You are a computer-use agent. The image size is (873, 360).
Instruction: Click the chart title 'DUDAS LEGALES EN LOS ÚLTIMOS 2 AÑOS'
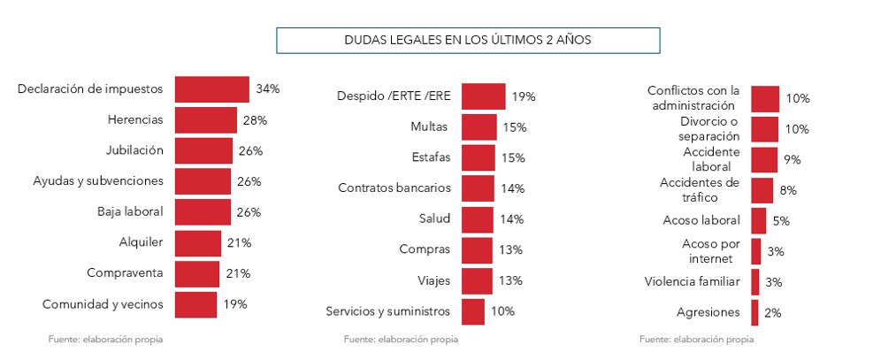click(467, 41)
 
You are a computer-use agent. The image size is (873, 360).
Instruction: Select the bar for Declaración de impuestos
click(211, 89)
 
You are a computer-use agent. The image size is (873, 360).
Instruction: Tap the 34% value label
click(268, 89)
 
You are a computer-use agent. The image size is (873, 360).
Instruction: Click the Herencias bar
click(205, 120)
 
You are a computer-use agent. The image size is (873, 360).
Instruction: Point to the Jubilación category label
click(134, 150)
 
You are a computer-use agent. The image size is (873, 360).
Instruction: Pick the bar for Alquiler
click(197, 242)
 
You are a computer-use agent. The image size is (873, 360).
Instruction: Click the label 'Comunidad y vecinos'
click(103, 304)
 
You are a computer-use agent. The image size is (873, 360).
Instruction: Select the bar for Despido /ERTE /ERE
click(483, 96)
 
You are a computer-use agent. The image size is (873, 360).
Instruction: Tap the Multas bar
click(479, 127)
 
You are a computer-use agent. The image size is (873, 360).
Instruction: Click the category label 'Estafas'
click(432, 157)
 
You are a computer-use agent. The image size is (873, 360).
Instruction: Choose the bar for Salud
click(477, 219)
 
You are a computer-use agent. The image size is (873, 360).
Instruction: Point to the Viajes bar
click(476, 281)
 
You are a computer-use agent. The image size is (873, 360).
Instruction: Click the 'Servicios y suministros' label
click(388, 311)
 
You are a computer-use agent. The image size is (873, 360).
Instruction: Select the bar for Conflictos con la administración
click(765, 98)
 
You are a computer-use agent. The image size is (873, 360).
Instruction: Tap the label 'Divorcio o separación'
click(709, 129)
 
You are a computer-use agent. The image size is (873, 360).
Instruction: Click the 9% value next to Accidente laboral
click(792, 160)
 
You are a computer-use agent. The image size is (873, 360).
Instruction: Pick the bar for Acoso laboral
click(758, 221)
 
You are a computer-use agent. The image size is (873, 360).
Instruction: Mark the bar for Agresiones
click(754, 312)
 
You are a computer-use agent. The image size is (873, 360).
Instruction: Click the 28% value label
click(255, 120)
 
